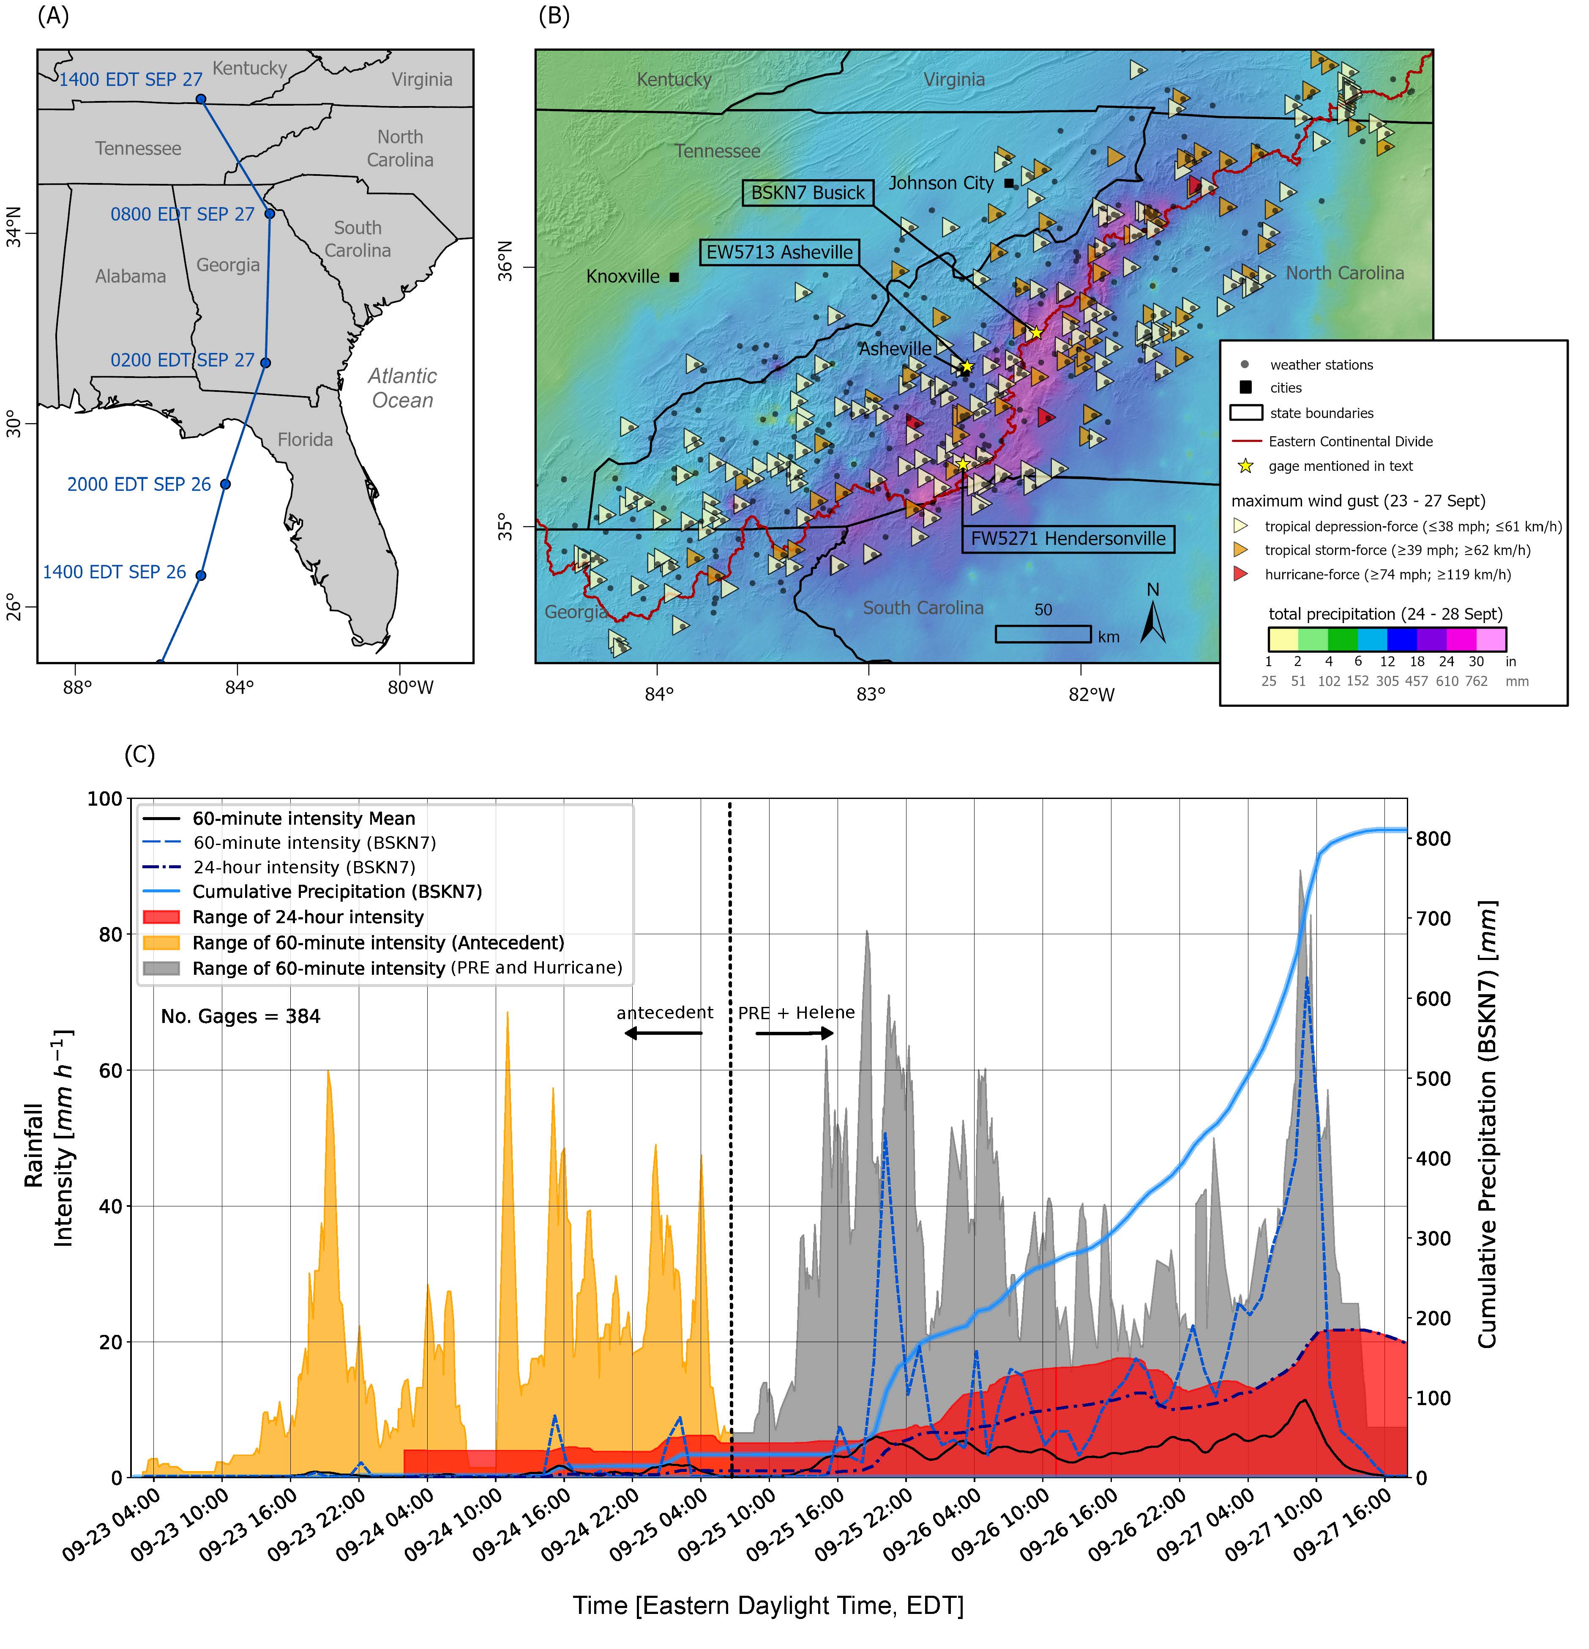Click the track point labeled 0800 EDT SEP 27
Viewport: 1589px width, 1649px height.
point(269,214)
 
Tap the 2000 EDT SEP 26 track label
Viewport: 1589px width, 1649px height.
point(139,484)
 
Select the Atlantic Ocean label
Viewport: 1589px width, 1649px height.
point(402,388)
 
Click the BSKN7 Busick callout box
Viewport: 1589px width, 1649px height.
point(808,193)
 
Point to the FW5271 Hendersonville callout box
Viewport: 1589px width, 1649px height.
point(1068,539)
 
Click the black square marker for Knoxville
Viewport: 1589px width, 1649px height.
point(674,277)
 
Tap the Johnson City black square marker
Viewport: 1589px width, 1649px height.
point(1009,183)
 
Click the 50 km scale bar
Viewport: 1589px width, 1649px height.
point(1043,634)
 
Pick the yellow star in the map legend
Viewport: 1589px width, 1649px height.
point(1246,466)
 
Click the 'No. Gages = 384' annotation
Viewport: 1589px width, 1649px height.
point(240,1016)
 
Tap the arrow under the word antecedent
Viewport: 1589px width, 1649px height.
point(663,1033)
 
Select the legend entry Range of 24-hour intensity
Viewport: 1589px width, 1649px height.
point(308,917)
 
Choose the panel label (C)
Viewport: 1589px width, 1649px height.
point(139,755)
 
